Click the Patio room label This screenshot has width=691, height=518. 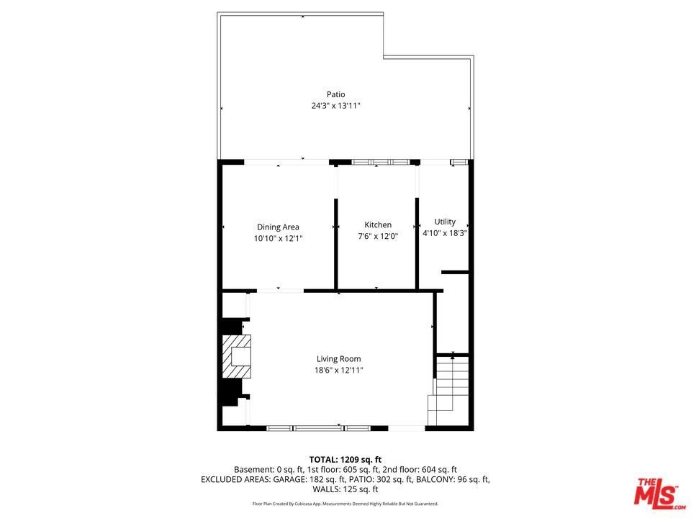(336, 94)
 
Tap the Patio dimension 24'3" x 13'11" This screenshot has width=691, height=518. (336, 106)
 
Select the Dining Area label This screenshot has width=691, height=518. (278, 227)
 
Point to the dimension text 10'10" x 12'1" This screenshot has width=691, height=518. (278, 239)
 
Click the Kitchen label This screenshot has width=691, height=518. (378, 224)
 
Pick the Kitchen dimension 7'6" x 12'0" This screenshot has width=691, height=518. (378, 236)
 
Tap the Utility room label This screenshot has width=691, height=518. (445, 222)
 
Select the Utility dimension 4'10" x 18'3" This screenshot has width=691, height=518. (445, 233)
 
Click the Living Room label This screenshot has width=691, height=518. (338, 359)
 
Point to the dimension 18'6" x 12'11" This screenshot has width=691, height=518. (338, 371)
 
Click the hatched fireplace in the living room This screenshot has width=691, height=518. (236, 356)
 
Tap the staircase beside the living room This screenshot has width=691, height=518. (448, 390)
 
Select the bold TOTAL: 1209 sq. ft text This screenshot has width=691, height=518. (345, 460)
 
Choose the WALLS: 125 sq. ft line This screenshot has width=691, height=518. (345, 489)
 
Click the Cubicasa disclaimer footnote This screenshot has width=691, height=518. (345, 504)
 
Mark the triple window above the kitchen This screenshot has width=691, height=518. (381, 162)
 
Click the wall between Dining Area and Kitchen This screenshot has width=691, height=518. (336, 244)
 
